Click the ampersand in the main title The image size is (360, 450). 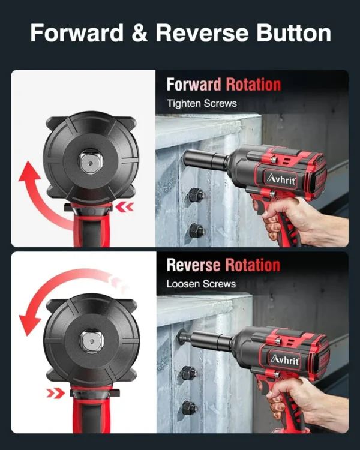[x=140, y=33]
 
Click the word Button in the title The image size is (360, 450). [x=293, y=33]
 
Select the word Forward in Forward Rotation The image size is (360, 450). [x=194, y=85]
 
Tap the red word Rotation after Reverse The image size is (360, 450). [x=253, y=265]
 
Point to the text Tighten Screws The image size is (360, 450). [x=202, y=103]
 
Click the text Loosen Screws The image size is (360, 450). [x=201, y=284]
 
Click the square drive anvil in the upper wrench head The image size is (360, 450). [x=91, y=163]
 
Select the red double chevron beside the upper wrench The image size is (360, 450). [x=125, y=206]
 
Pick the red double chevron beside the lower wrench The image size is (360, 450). [x=55, y=392]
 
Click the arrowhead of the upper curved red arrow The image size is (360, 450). [x=29, y=172]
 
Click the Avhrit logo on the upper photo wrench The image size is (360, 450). [x=281, y=180]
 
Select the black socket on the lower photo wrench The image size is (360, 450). [x=211, y=340]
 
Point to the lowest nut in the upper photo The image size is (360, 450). [x=196, y=230]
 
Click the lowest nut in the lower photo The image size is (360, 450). [x=189, y=407]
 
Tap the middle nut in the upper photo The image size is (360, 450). [x=196, y=195]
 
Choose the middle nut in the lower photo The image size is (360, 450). [x=188, y=373]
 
